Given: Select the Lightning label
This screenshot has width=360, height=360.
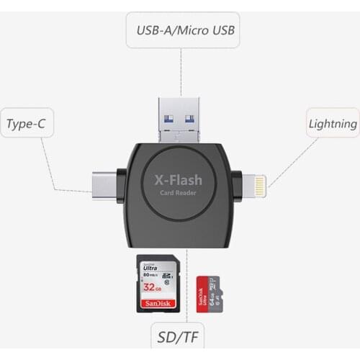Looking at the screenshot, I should [332, 123].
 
